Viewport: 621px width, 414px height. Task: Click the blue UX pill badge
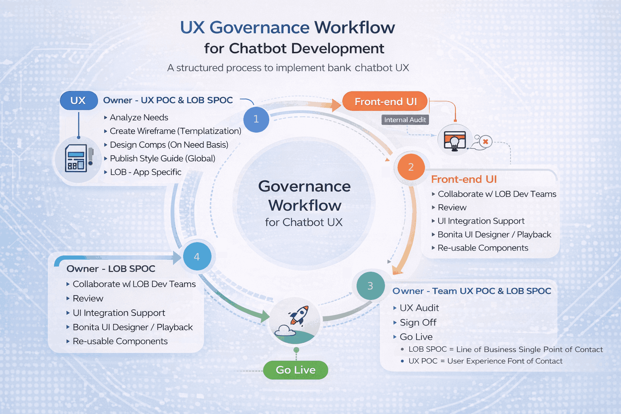coord(78,101)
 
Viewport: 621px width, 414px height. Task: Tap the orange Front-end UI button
coord(385,101)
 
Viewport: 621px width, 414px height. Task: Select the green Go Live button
coord(296,370)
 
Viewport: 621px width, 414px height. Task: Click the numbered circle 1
coord(256,119)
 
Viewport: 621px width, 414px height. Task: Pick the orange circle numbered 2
coord(411,167)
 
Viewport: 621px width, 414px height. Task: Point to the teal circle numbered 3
coord(370,286)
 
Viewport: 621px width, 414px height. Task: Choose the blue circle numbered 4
coord(197,257)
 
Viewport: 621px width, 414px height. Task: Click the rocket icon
coord(298,316)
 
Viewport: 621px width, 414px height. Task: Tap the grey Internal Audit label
coord(405,120)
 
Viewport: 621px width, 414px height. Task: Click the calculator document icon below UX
coord(76,158)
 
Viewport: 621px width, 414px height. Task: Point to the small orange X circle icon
coord(486,142)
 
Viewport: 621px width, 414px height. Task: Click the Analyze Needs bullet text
coord(139,118)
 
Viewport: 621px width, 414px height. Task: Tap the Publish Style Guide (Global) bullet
coord(162,158)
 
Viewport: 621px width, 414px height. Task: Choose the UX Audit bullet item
coord(419,308)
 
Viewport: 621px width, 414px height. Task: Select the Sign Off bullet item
coord(418,323)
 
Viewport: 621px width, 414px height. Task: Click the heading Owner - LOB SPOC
coord(111,269)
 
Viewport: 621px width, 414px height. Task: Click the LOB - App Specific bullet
coord(146,172)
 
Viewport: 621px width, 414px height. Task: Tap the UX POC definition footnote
coord(485,361)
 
